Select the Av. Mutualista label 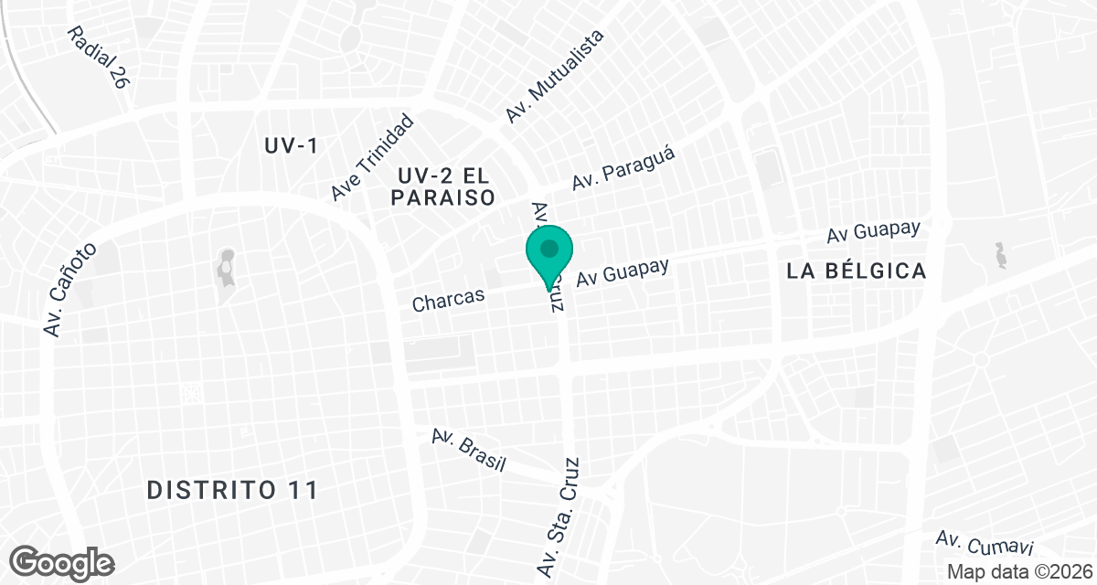click(x=556, y=77)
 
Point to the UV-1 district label click(x=290, y=146)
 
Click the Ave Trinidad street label click(x=373, y=157)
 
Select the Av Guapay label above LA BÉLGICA click(x=872, y=231)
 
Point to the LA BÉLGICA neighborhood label click(x=857, y=271)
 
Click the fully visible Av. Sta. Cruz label click(x=559, y=516)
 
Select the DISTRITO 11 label click(x=233, y=490)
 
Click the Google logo click(x=63, y=561)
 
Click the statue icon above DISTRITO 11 click(x=224, y=267)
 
